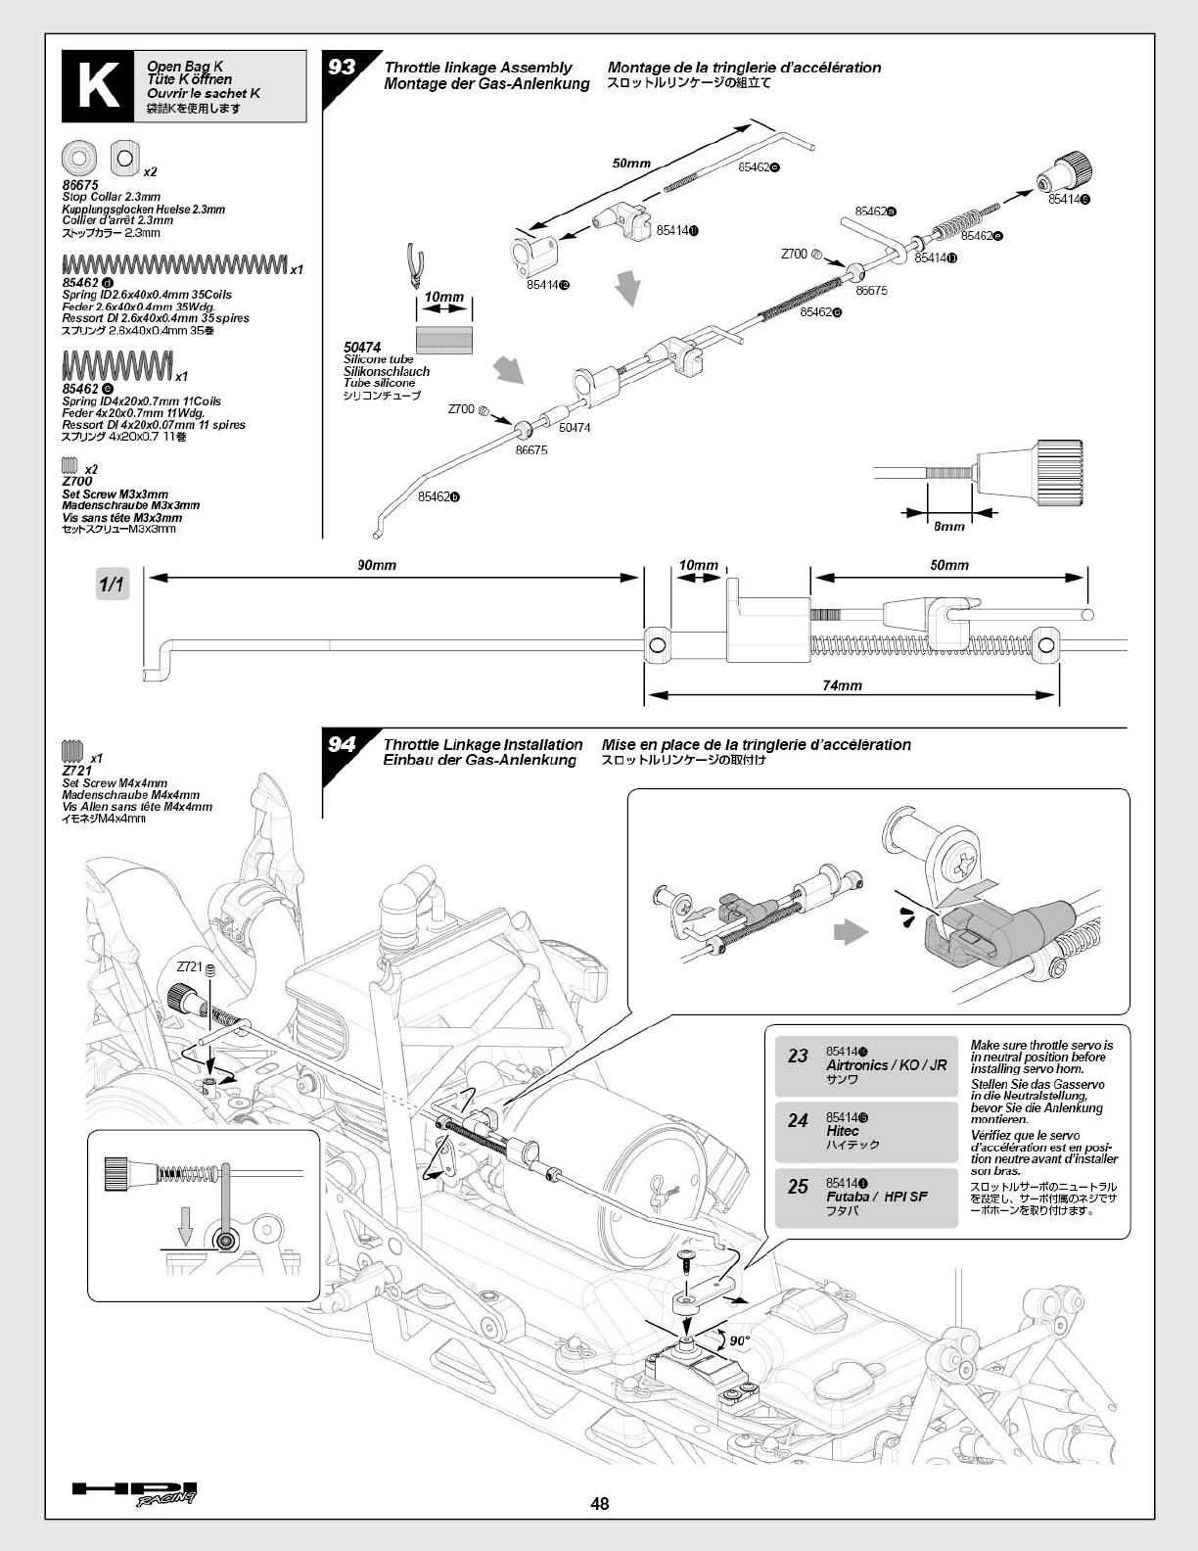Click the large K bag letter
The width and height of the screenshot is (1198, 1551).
tap(93, 86)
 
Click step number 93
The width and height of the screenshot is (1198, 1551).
tap(343, 67)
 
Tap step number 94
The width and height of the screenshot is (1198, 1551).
tap(342, 745)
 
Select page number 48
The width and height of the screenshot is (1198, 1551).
tap(600, 1503)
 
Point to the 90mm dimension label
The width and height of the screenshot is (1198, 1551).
tap(377, 565)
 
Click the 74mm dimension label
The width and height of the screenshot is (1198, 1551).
tap(843, 685)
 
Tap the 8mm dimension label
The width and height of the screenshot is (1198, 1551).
tap(949, 526)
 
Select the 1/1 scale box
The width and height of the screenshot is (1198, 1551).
tap(112, 585)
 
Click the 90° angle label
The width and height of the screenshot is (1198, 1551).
tap(740, 1340)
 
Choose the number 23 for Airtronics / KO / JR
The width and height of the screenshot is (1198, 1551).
tap(799, 1056)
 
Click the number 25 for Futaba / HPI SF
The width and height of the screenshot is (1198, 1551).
tap(799, 1187)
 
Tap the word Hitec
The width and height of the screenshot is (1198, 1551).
tap(843, 1131)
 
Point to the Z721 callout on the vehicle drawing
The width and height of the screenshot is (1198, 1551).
tap(189, 966)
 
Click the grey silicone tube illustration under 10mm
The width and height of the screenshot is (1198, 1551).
tap(443, 340)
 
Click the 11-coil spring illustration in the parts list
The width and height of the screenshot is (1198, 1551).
tap(116, 365)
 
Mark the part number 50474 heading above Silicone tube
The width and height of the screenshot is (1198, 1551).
tap(362, 348)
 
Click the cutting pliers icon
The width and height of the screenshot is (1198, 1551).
tap(415, 266)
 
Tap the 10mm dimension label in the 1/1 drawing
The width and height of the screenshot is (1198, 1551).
tap(698, 565)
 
